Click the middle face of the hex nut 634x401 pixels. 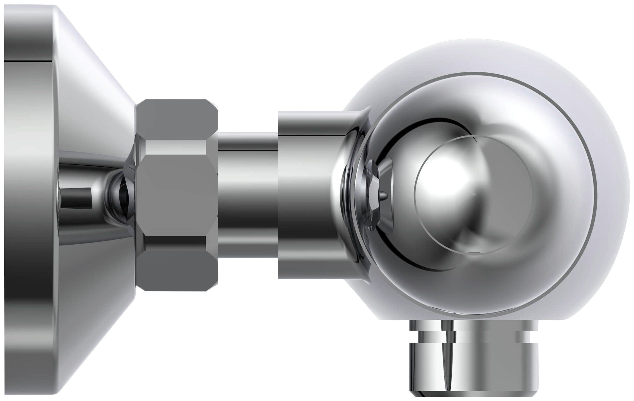point(176,195)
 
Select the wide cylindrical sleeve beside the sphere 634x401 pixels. point(307,195)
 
